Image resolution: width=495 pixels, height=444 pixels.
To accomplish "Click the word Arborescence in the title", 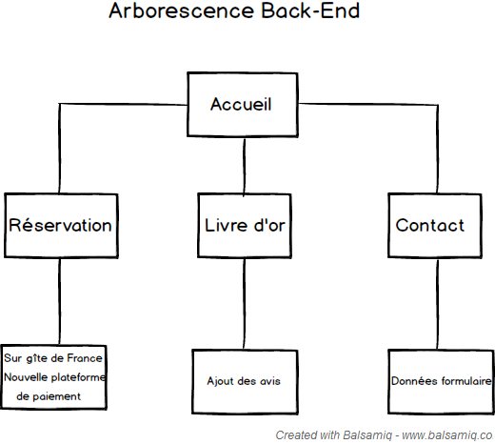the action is click(182, 10).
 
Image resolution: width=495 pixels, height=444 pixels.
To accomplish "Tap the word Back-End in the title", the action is click(310, 10).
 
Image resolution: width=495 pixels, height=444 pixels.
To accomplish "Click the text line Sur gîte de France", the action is click(53, 358).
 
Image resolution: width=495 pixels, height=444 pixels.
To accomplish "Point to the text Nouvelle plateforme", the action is click(54, 377).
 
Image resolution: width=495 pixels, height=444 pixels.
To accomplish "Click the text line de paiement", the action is click(49, 396).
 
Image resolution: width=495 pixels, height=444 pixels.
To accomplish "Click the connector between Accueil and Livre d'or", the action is click(244, 166).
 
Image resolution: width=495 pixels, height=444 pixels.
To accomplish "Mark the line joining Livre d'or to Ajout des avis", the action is click(244, 304).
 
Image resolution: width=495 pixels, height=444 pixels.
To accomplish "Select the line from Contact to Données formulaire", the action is click(438, 304).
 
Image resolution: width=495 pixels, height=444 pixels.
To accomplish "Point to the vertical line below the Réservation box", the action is click(59, 301).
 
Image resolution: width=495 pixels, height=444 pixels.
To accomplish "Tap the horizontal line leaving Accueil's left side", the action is click(123, 104).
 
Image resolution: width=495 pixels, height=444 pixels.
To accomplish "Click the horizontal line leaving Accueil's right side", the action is click(368, 104).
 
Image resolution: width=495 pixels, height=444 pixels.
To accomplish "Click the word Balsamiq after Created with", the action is click(367, 435).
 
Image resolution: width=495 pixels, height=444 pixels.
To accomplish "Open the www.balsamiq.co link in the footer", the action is click(447, 435).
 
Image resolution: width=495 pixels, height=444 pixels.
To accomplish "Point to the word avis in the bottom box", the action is click(270, 381).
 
